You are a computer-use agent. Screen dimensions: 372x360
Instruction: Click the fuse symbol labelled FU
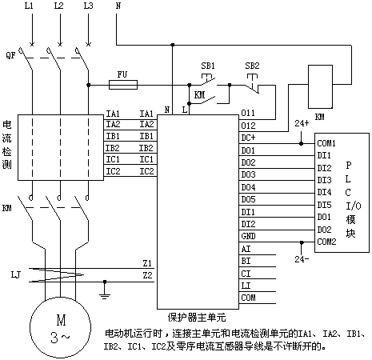(123, 85)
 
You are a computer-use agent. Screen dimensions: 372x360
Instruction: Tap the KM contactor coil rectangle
(320, 86)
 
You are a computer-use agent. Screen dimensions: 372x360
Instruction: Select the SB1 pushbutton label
(208, 66)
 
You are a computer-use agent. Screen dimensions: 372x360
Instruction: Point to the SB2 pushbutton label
(252, 66)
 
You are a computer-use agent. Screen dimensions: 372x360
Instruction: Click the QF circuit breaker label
(10, 55)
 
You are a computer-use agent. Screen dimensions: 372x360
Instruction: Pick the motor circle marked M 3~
(60, 328)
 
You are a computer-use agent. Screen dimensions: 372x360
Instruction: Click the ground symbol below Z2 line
(105, 290)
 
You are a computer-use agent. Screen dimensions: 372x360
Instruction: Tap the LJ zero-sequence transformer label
(16, 274)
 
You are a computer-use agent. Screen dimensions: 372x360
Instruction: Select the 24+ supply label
(302, 123)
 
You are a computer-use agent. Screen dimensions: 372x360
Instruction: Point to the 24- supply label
(302, 259)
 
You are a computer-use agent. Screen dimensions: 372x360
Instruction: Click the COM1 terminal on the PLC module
(326, 143)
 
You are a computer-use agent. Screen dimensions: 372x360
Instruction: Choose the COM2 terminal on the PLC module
(326, 242)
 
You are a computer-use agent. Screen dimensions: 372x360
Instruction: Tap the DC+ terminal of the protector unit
(248, 138)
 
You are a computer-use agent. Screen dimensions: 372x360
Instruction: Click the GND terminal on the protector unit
(248, 236)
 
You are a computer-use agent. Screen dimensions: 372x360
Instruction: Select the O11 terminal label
(248, 113)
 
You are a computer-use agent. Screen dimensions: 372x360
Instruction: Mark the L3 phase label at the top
(89, 6)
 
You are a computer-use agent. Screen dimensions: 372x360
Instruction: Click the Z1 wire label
(147, 263)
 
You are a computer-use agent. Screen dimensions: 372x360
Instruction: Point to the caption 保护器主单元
(197, 318)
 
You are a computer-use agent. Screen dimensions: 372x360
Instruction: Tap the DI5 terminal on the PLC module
(324, 205)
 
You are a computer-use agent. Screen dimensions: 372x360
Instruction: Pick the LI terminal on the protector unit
(246, 286)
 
